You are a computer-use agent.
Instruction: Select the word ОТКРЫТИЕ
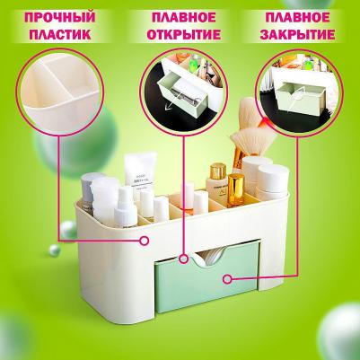tap(180, 34)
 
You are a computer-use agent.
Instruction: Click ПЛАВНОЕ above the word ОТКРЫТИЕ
tap(180, 16)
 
